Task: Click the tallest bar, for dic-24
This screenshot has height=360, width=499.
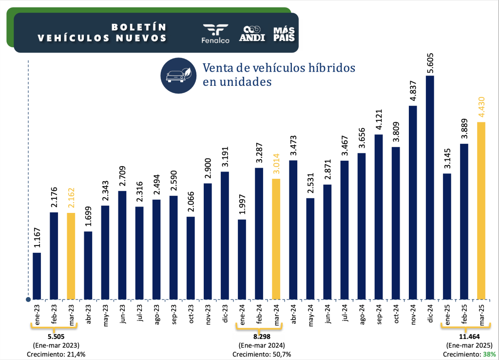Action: tap(430, 188)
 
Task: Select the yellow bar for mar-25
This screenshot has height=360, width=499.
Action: tap(481, 210)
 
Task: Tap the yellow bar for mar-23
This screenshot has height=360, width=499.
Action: tap(71, 256)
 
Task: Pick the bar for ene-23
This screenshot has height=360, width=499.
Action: tap(37, 276)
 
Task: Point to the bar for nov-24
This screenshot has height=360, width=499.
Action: tap(413, 202)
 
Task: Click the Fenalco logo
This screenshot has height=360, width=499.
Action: tap(215, 33)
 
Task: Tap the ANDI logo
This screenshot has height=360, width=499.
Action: tap(252, 33)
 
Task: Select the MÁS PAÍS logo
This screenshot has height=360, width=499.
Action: tap(284, 33)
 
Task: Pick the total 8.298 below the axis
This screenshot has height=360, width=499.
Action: tap(259, 336)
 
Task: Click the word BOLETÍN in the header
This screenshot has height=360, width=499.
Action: tap(139, 27)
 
